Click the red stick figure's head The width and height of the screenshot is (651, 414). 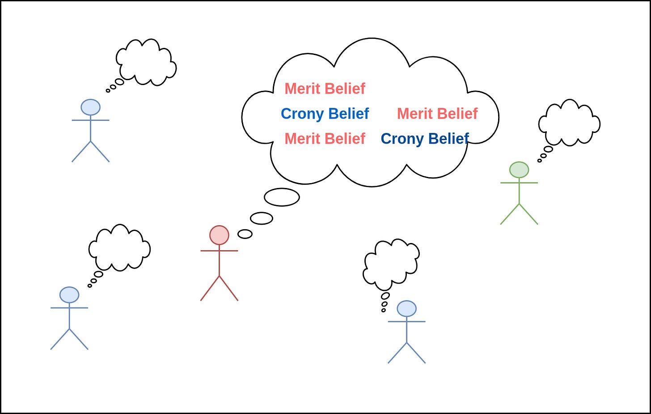pyautogui.click(x=219, y=235)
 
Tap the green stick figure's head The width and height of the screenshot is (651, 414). pyautogui.click(x=519, y=170)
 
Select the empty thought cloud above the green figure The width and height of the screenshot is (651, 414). pyautogui.click(x=569, y=123)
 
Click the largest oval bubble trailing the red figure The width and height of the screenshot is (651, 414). pyautogui.click(x=282, y=197)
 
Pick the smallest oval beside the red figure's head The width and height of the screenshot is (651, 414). pyautogui.click(x=245, y=234)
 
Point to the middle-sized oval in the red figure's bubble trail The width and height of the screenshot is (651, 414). pyautogui.click(x=262, y=218)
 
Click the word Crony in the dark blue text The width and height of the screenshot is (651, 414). pyautogui.click(x=402, y=139)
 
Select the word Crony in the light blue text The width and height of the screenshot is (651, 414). pyautogui.click(x=302, y=114)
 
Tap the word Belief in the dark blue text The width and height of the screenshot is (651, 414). pyautogui.click(x=448, y=139)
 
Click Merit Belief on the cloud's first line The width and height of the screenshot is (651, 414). pyautogui.click(x=325, y=89)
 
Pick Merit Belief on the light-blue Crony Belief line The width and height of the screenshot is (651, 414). pyautogui.click(x=437, y=114)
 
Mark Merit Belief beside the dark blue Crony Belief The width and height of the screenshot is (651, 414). pyautogui.click(x=325, y=139)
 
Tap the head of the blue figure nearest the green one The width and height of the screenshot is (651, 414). pyautogui.click(x=406, y=309)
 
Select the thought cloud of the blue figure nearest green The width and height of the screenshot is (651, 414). pyautogui.click(x=391, y=264)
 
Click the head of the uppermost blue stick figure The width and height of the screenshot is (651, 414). pyautogui.click(x=90, y=107)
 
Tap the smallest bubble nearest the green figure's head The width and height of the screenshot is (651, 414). pyautogui.click(x=540, y=161)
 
